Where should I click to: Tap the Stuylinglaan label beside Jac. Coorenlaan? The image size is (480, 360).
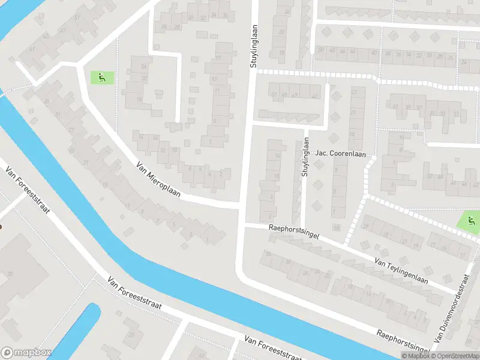(x=305, y=157)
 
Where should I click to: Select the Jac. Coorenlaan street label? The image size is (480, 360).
(x=341, y=154)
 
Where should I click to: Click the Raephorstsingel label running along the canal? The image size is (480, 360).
(x=403, y=341)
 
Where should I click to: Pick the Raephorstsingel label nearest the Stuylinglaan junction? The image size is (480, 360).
(x=295, y=232)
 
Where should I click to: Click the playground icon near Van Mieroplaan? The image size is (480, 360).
(x=101, y=77)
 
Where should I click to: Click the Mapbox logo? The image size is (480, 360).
(x=26, y=353)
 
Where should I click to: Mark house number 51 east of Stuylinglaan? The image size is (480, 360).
(x=274, y=95)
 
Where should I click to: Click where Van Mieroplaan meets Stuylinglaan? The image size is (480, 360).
(x=242, y=205)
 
